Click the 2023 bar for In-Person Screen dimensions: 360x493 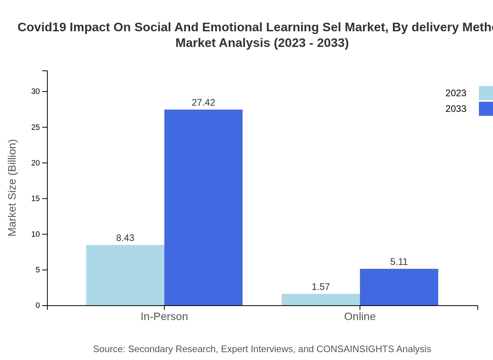[x=125, y=275]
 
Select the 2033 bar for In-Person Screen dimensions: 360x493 [x=203, y=207]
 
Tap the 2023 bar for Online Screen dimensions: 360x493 [x=321, y=299]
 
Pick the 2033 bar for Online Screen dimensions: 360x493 [x=399, y=287]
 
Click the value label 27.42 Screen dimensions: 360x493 [x=203, y=103]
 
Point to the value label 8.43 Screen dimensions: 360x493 [x=125, y=238]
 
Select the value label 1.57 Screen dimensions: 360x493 [x=321, y=287]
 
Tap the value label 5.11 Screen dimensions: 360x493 [x=399, y=262]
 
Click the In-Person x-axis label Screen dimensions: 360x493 [x=164, y=317]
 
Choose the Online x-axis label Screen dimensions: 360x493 [x=360, y=317]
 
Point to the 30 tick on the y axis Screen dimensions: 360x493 [x=36, y=92]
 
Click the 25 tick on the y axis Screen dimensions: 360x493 [x=36, y=127]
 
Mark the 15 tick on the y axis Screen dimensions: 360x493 [x=36, y=199]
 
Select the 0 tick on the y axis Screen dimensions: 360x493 [x=38, y=306]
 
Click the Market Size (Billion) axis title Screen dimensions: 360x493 [x=12, y=188]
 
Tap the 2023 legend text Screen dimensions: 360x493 [x=456, y=93]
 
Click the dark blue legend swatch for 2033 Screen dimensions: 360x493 [x=486, y=109]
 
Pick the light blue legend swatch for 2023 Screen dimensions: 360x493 [x=486, y=93]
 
